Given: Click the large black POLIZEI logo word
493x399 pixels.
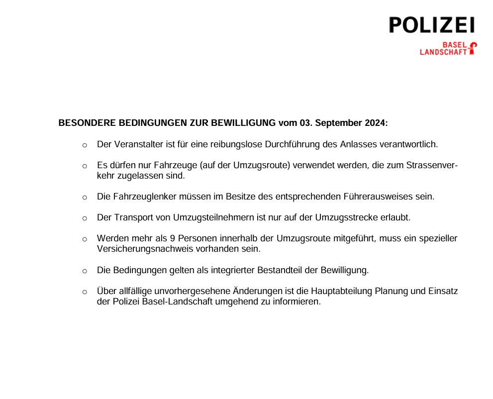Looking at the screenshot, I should click(x=432, y=25).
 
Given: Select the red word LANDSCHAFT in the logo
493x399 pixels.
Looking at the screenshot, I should click(x=444, y=52).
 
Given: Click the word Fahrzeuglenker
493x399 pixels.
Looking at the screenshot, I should click(x=141, y=197).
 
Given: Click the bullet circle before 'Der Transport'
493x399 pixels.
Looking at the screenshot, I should click(x=85, y=218).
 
